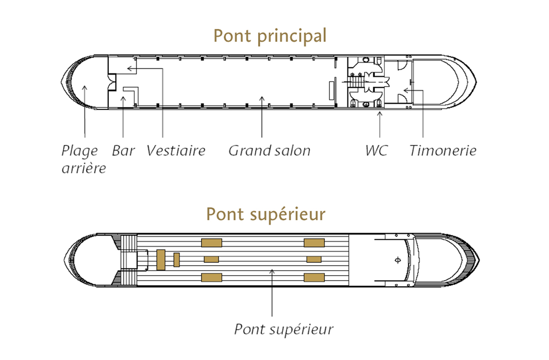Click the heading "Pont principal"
pyautogui.click(x=270, y=36)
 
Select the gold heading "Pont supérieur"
pyautogui.click(x=266, y=214)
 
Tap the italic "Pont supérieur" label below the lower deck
pyautogui.click(x=283, y=330)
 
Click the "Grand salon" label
pyautogui.click(x=269, y=151)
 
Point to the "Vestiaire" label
pyautogui.click(x=176, y=151)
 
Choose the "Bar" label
pyautogui.click(x=123, y=151)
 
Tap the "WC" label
pyautogui.click(x=376, y=151)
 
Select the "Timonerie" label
pyautogui.click(x=443, y=151)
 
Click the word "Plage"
pyautogui.click(x=79, y=151)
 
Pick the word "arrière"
pyautogui.click(x=84, y=168)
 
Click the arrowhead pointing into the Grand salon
pyautogui.click(x=262, y=98)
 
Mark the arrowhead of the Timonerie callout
pyautogui.click(x=406, y=90)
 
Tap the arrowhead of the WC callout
pyautogui.click(x=379, y=113)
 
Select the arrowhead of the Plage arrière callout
pyautogui.click(x=85, y=87)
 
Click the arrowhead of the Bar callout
pyautogui.click(x=123, y=98)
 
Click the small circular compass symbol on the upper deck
pyautogui.click(x=397, y=260)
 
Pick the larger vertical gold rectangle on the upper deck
pyautogui.click(x=161, y=260)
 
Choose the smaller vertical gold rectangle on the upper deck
pyautogui.click(x=177, y=260)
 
